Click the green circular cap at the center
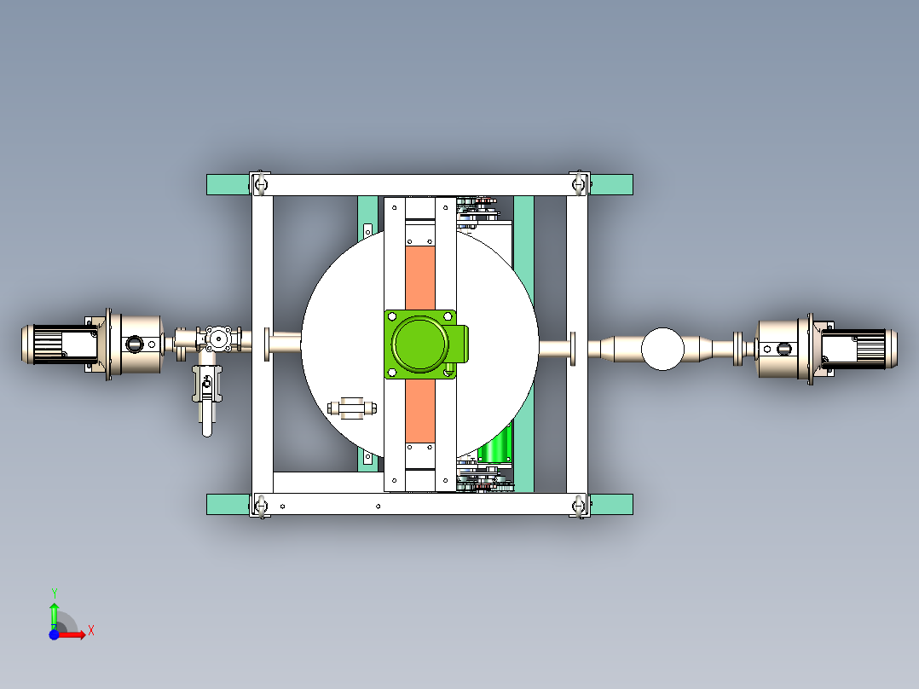(420, 344)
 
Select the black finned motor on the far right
(861, 348)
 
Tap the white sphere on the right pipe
(662, 349)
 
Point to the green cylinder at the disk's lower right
(495, 445)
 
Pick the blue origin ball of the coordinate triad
(54, 634)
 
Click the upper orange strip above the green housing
(419, 276)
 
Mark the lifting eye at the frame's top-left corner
(261, 184)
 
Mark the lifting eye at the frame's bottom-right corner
(580, 507)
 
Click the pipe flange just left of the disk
(269, 344)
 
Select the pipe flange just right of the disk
(573, 348)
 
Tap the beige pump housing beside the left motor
(136, 344)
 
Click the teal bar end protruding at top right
(611, 184)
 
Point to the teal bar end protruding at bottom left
(228, 504)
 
